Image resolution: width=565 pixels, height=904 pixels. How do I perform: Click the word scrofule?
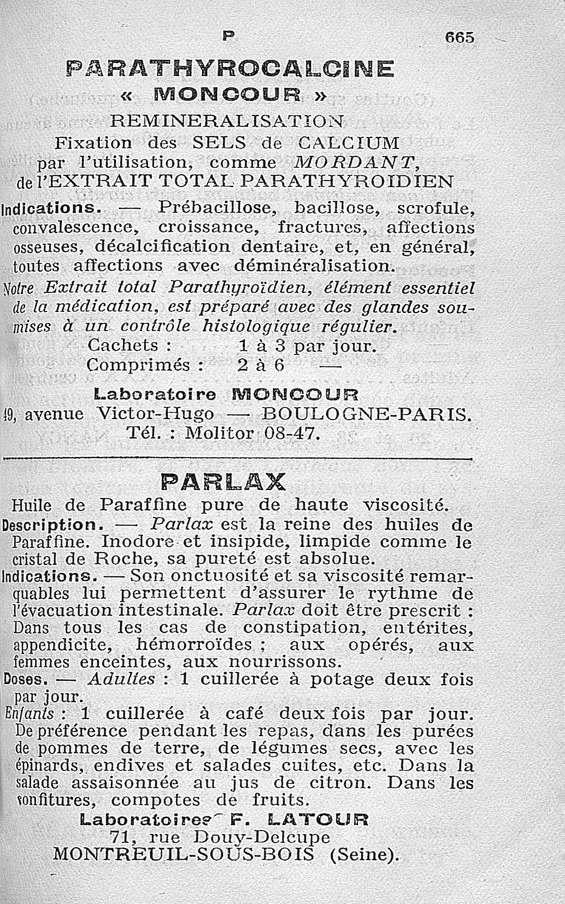click(x=436, y=208)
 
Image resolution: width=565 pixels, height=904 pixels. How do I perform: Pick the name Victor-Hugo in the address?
click(x=160, y=413)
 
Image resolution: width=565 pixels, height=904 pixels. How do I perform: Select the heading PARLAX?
click(x=223, y=482)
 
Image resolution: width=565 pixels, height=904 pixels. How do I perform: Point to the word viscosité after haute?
click(x=404, y=505)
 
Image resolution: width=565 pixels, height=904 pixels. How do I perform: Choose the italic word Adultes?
click(x=121, y=679)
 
